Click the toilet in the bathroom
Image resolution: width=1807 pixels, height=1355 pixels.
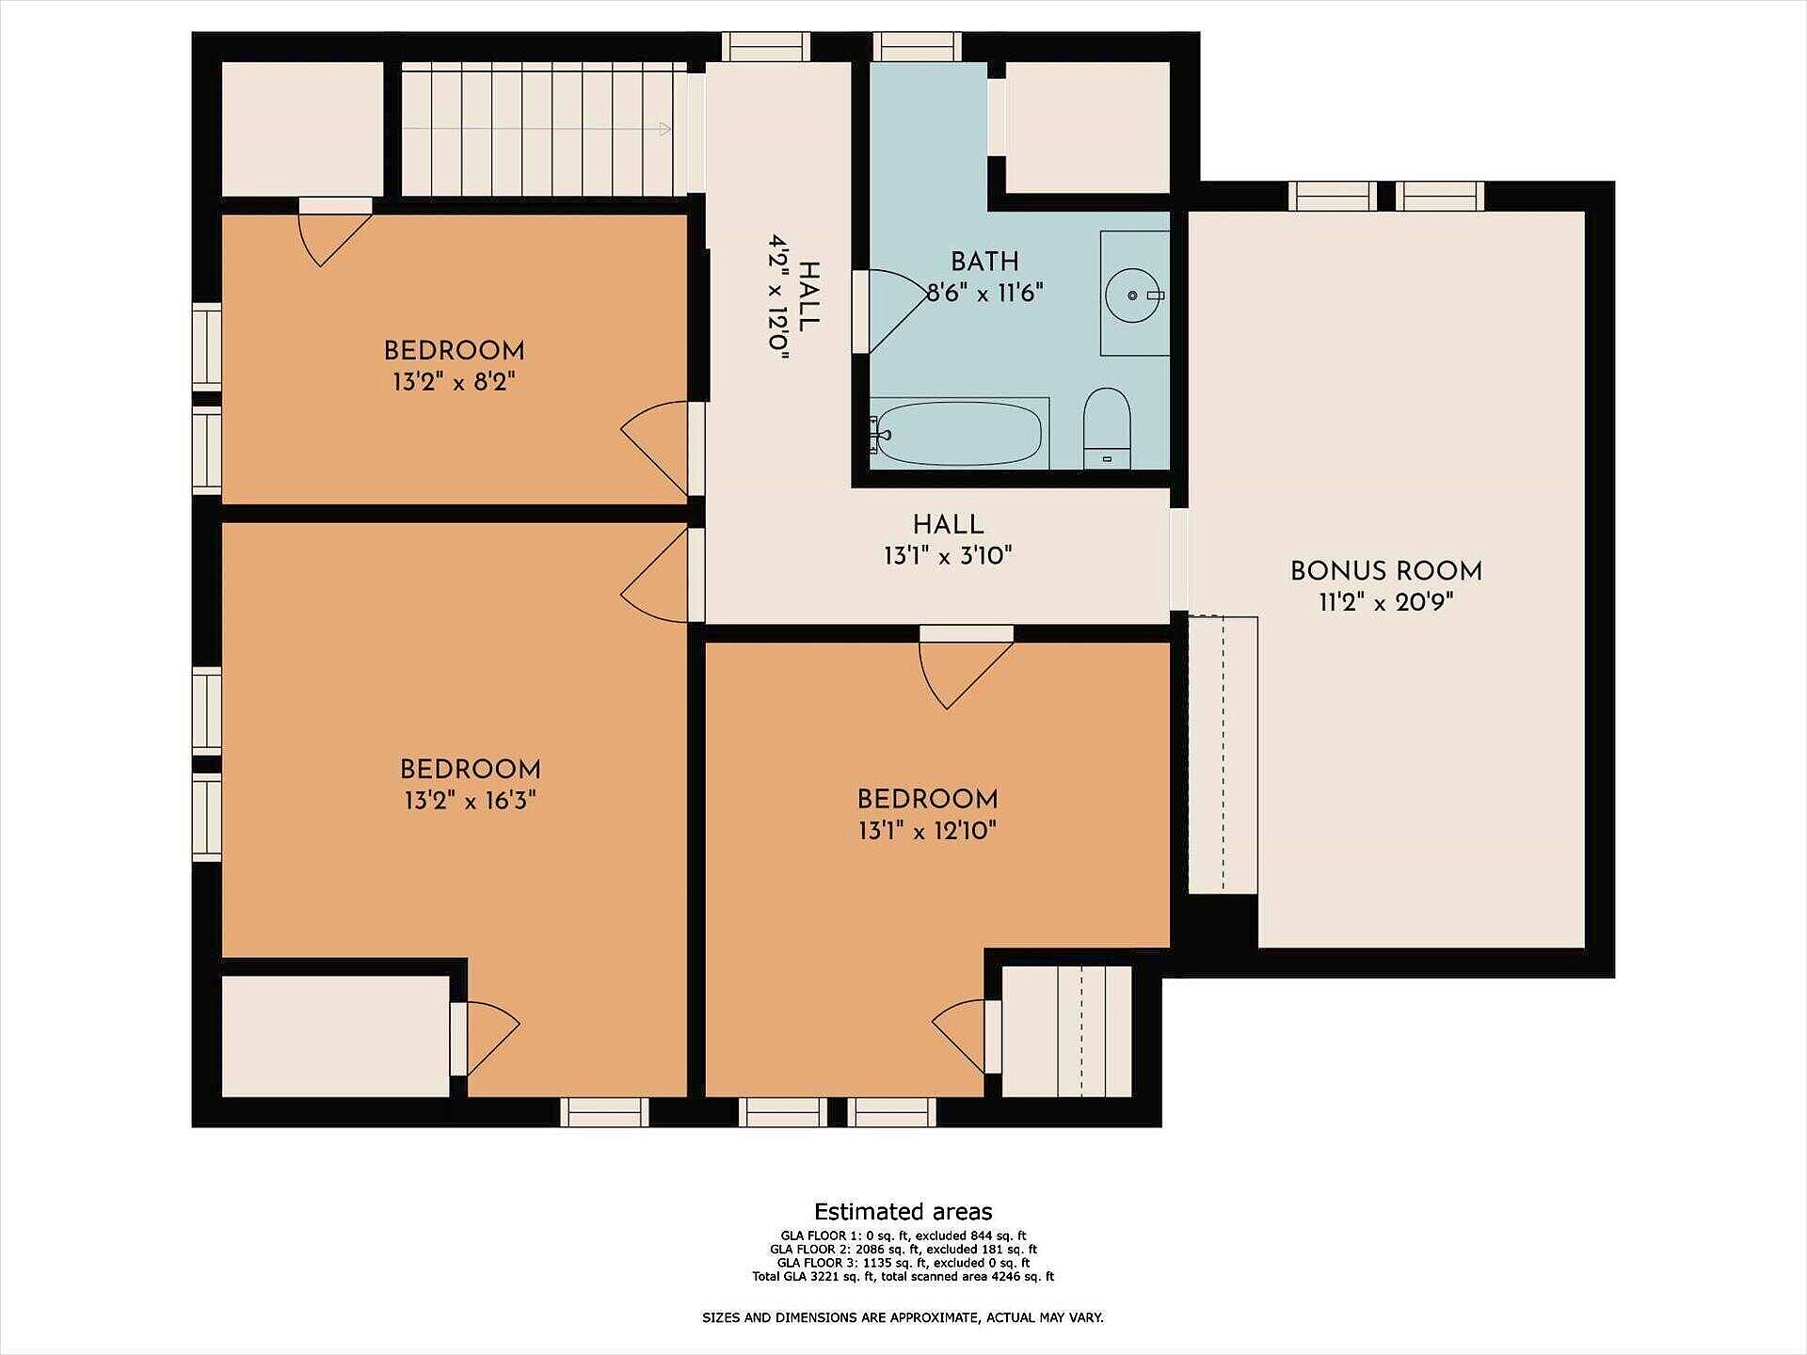[x=1106, y=428]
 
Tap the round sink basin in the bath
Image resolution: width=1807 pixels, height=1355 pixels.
[x=1133, y=295]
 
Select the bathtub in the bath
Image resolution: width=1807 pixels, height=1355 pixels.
[x=960, y=434]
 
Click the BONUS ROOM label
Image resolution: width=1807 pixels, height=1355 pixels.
[x=1385, y=571]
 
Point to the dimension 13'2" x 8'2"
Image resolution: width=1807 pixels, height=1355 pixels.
[x=455, y=382]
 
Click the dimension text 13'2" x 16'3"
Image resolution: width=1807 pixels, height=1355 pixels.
[x=471, y=801]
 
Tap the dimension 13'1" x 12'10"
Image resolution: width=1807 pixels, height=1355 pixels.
[x=927, y=831]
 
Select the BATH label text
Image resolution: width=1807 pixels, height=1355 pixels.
[x=984, y=262]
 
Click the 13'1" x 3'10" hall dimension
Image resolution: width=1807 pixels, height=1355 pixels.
[x=948, y=556]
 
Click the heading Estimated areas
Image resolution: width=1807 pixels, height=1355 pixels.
[x=903, y=1212]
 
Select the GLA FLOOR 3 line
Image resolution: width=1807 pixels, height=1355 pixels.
[x=903, y=1263]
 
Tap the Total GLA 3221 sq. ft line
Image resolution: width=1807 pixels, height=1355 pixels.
[x=903, y=1277]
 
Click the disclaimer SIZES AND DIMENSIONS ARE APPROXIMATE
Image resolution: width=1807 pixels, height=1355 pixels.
[x=903, y=1318]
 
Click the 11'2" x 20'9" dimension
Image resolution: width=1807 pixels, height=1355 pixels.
[x=1385, y=602]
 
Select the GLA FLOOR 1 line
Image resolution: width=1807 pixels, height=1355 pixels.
[x=903, y=1235]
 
